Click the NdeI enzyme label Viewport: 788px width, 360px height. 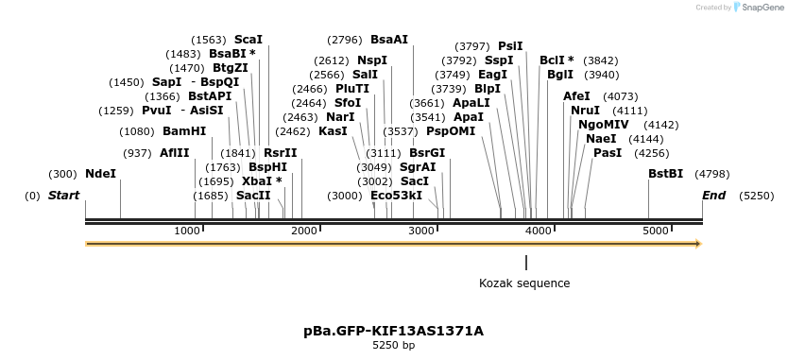coord(101,174)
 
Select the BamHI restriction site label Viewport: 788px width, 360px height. coord(184,131)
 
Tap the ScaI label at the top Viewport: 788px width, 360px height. coord(248,40)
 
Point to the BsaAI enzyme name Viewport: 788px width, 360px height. coord(389,40)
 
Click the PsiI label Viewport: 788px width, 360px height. coord(510,45)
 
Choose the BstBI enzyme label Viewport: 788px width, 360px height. coord(665,174)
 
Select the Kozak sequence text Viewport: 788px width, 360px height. coord(524,283)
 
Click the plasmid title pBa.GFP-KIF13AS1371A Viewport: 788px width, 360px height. coord(393,331)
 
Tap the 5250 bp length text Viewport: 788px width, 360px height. coord(393,346)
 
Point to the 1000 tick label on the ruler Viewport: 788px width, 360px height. coord(187,231)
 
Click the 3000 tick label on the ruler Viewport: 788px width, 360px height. coord(420,231)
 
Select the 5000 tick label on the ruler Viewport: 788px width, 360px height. coord(655,231)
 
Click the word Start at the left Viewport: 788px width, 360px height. coord(63,195)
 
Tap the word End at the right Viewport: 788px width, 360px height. coord(713,195)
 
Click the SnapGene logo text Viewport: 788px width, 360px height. coord(763,8)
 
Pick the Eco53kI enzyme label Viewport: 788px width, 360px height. coord(396,195)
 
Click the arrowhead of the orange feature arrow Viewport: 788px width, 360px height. coord(699,244)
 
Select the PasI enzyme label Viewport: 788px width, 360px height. coord(608,152)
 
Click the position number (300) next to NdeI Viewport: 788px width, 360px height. coord(62,174)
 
